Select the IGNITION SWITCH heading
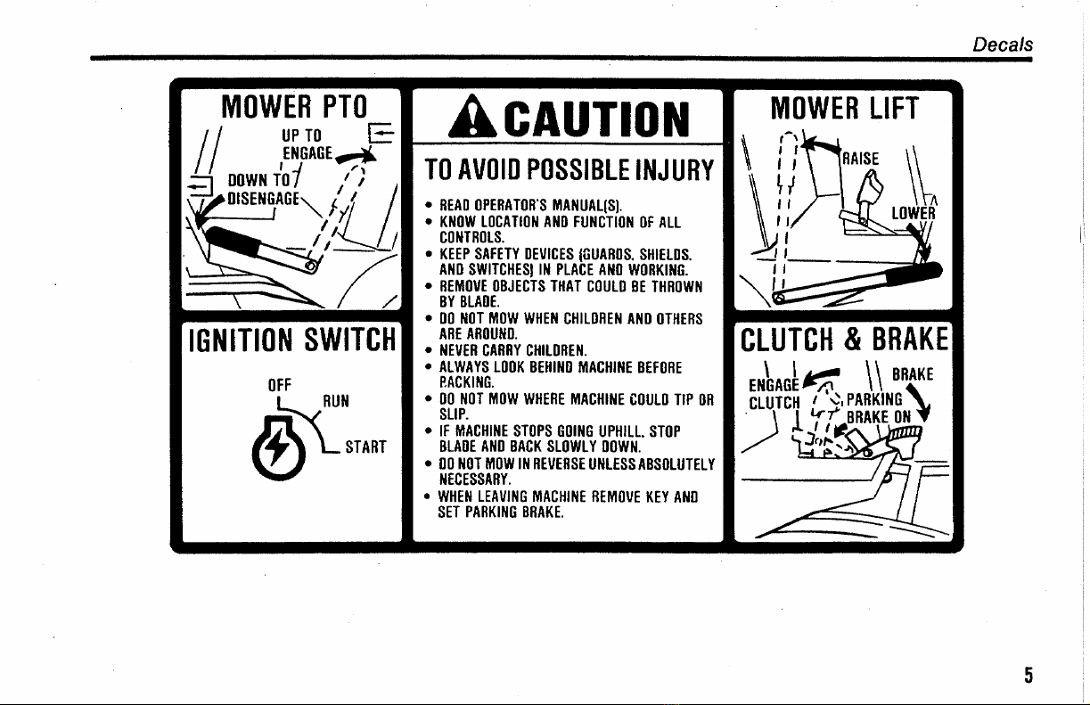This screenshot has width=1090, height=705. tap(290, 340)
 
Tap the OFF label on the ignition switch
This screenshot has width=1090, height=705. tap(281, 388)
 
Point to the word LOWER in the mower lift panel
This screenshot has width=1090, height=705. tap(914, 215)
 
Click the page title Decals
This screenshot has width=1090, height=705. tap(1003, 44)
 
